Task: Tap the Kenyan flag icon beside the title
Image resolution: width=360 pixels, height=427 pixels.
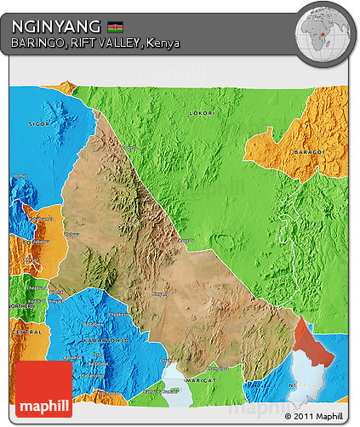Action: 115,27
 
